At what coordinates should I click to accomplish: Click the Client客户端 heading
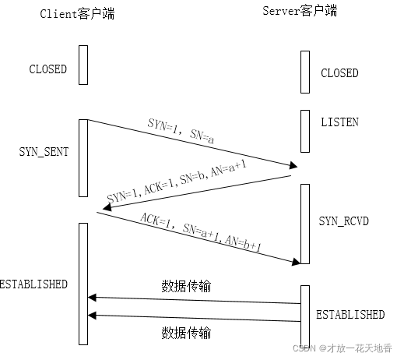(x=76, y=14)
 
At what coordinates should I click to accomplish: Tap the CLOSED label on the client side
(x=48, y=69)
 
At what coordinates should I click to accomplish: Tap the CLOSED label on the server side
(x=339, y=73)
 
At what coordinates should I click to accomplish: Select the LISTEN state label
(x=339, y=122)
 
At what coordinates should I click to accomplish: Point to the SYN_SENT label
(x=44, y=152)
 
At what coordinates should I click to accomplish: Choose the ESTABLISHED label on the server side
(x=350, y=315)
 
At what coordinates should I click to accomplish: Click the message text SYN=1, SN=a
(x=181, y=129)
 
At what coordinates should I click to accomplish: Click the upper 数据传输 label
(x=186, y=286)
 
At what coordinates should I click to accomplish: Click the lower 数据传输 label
(x=186, y=334)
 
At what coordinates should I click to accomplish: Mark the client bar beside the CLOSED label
(x=83, y=65)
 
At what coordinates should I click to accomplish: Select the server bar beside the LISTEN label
(x=305, y=130)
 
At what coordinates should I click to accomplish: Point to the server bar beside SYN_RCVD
(x=305, y=224)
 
